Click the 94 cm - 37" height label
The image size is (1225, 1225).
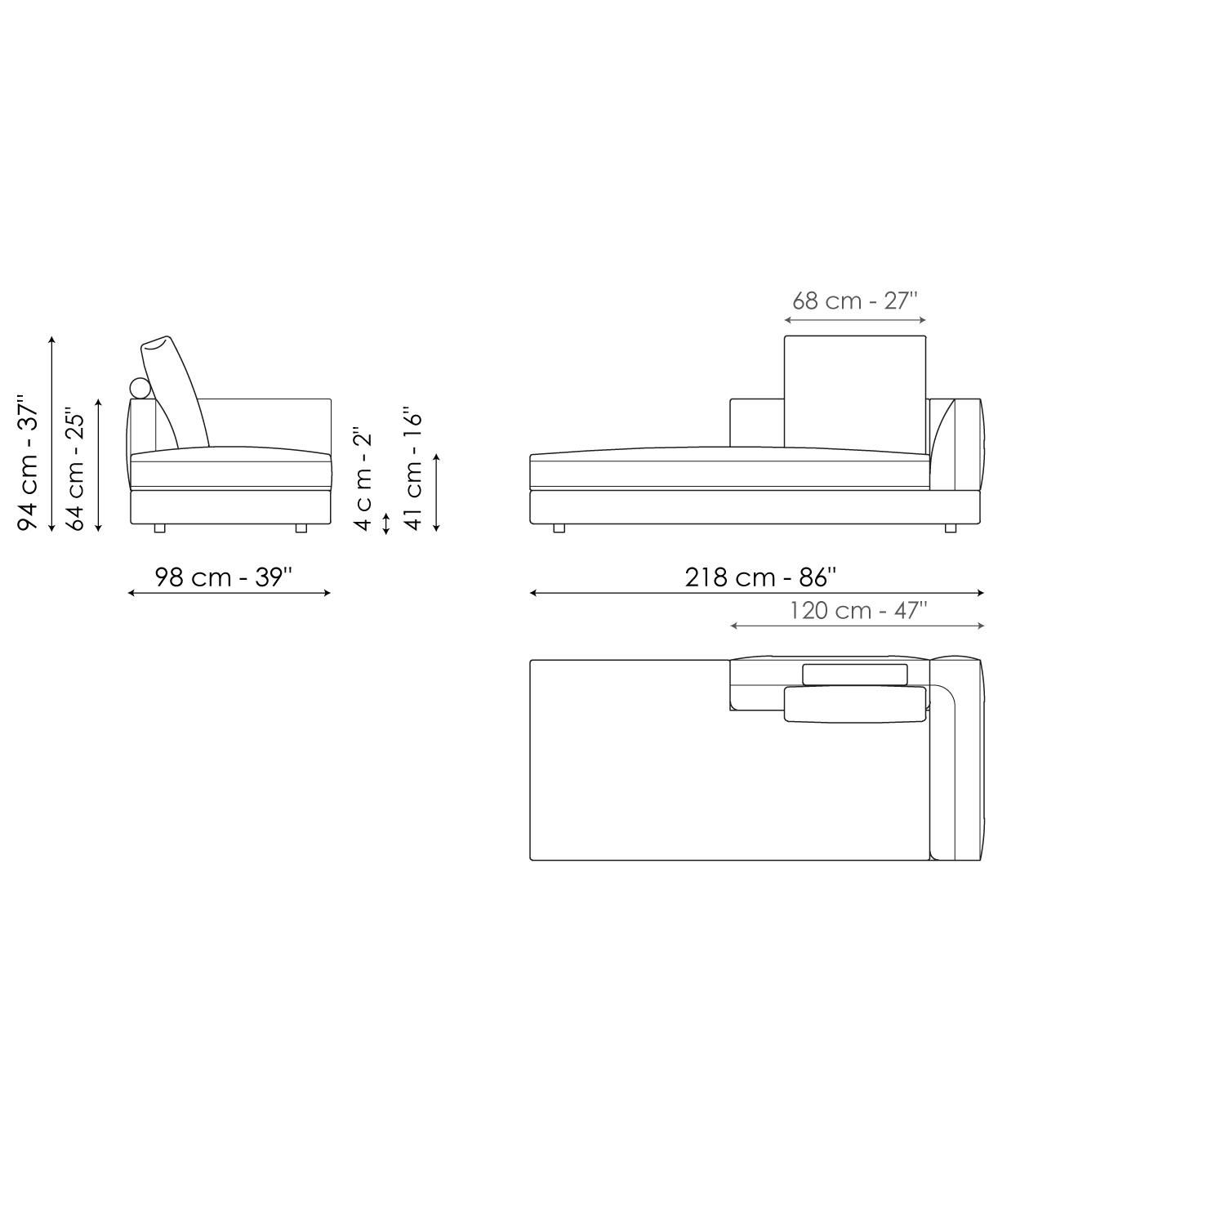(x=29, y=463)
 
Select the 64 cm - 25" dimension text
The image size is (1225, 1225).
(x=75, y=469)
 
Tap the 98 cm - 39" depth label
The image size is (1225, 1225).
(x=223, y=577)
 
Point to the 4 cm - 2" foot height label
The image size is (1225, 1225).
(x=363, y=478)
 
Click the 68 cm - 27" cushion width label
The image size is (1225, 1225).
(x=855, y=301)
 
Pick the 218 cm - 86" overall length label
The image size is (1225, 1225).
(x=760, y=577)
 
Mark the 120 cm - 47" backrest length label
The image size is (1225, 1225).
(x=857, y=611)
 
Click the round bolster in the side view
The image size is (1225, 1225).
(x=140, y=389)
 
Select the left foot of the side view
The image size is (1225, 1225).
(x=159, y=528)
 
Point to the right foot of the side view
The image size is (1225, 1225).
(x=301, y=528)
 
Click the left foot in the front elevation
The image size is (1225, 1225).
(x=559, y=528)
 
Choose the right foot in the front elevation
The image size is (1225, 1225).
(x=950, y=528)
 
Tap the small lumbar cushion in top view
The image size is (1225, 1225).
(x=854, y=674)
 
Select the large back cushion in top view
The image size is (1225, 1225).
(x=855, y=704)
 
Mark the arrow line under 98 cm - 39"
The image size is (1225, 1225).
(x=229, y=593)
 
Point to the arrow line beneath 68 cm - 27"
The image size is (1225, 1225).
(x=855, y=321)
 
